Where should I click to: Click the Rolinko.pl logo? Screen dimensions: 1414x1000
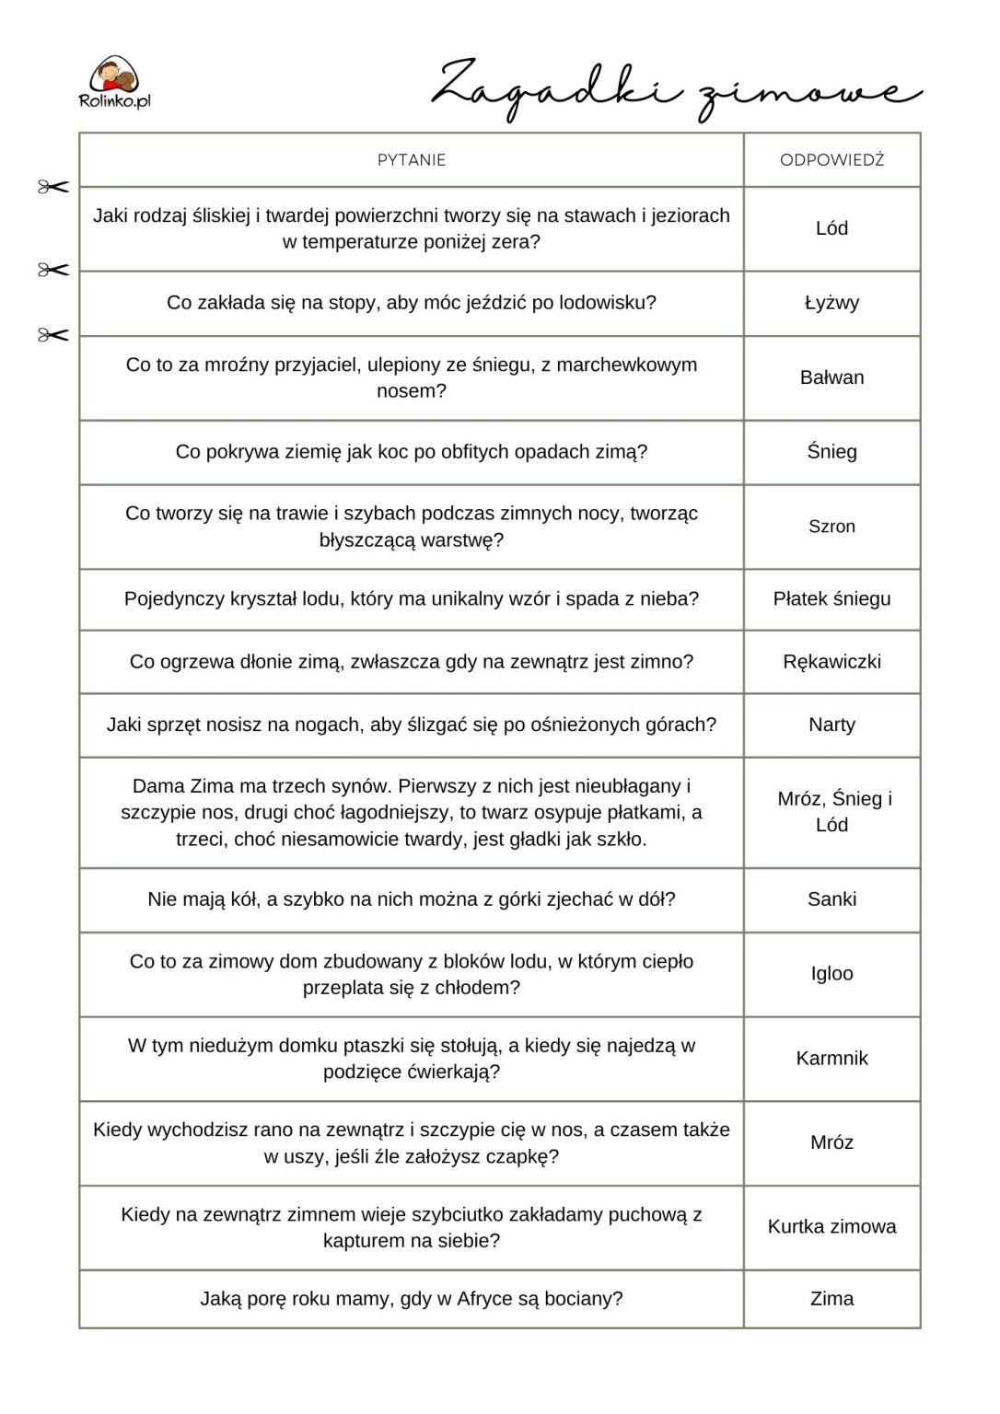coord(116,83)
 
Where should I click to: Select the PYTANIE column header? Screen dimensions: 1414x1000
coord(412,160)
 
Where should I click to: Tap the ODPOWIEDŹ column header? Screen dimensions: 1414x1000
coord(831,160)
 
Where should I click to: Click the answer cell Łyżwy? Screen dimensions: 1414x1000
coord(831,303)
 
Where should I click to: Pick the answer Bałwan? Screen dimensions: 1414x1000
coord(831,377)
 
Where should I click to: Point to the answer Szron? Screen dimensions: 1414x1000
coord(831,527)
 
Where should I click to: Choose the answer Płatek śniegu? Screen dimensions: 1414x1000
coord(831,599)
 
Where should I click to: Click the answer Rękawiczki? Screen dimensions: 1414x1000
coord(831,662)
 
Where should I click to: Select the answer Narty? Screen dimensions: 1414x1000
coord(831,724)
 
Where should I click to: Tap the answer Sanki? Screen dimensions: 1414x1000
coord(831,899)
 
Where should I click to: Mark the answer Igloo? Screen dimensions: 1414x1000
coord(831,974)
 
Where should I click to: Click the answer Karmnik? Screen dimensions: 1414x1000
coord(831,1059)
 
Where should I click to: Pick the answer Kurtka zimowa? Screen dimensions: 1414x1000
coord(831,1227)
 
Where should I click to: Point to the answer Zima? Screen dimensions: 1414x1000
coord(831,1299)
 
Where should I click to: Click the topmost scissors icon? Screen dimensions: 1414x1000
coord(53,188)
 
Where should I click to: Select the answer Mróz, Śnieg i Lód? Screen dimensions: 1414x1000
coord(832,812)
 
